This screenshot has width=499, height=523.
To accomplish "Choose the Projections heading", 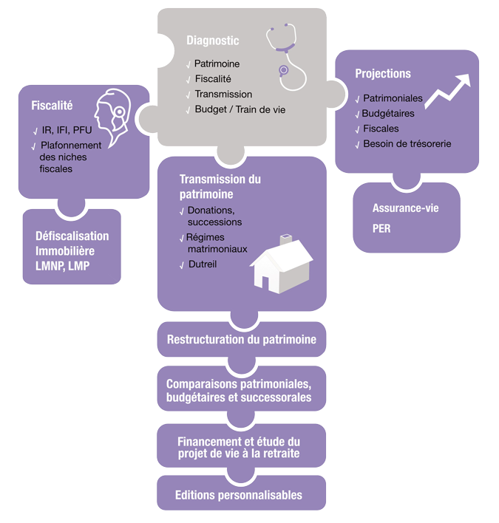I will (x=382, y=74).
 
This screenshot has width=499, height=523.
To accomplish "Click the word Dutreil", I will (x=203, y=264).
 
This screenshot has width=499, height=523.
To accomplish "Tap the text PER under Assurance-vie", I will (x=381, y=229).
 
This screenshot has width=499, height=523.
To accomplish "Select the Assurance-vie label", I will (x=405, y=208).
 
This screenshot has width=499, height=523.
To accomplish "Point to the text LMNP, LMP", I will (x=62, y=265).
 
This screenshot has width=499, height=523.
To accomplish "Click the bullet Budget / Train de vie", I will (x=240, y=109).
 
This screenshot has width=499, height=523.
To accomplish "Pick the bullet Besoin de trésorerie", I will (x=407, y=143).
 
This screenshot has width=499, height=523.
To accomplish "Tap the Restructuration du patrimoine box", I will (x=241, y=340).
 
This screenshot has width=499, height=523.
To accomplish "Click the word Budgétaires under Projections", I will (x=387, y=114).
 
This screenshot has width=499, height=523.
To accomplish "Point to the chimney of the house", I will (x=285, y=240).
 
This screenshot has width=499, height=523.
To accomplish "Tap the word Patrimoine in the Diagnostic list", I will (x=217, y=64).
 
